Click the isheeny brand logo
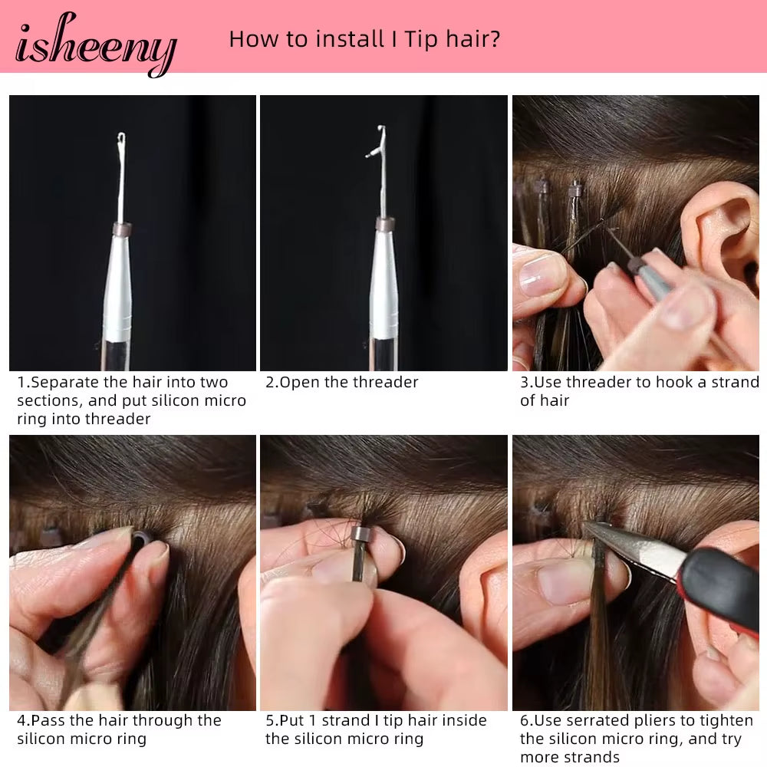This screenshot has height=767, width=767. click(x=96, y=44)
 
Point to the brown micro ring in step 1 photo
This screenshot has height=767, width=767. click(x=122, y=229)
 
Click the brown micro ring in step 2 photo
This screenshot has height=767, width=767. click(x=385, y=225)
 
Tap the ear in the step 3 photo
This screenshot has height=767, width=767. click(x=723, y=230)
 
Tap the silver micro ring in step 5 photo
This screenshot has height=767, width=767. click(x=360, y=532)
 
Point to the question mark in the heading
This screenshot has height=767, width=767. click(x=495, y=39)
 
